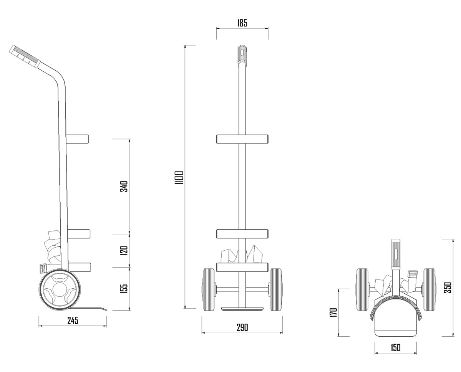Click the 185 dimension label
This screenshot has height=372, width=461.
pyautogui.click(x=242, y=23)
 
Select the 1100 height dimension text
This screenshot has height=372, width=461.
pyautogui.click(x=179, y=178)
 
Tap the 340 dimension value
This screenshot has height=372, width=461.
pyautogui.click(x=124, y=187)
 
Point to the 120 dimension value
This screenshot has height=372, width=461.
pyautogui.click(x=124, y=250)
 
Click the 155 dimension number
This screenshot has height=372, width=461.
pyautogui.click(x=124, y=289)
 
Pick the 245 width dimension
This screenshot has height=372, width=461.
pyautogui.click(x=73, y=321)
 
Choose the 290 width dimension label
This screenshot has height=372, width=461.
pyautogui.click(x=242, y=327)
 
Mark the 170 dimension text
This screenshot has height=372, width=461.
pyautogui.click(x=334, y=312)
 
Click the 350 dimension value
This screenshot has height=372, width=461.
pyautogui.click(x=448, y=288)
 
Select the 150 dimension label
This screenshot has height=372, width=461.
pyautogui.click(x=396, y=347)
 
